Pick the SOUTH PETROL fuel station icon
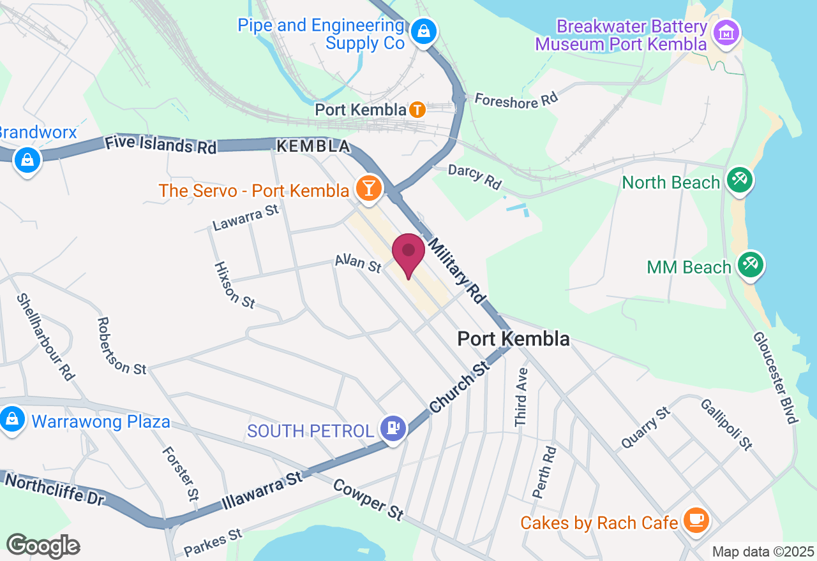(393, 428)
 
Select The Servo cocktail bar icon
(369, 188)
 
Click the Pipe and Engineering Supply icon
(423, 30)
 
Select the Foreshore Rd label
(516, 100)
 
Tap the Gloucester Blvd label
(776, 377)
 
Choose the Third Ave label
(522, 397)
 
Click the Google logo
(43, 546)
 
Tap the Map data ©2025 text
(763, 551)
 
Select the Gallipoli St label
(726, 423)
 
